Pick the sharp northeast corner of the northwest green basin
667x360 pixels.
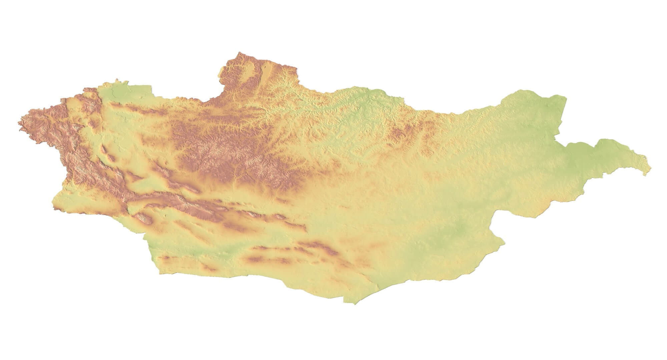pyautogui.click(x=151, y=86)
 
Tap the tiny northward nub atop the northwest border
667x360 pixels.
pyautogui.click(x=117, y=80)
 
